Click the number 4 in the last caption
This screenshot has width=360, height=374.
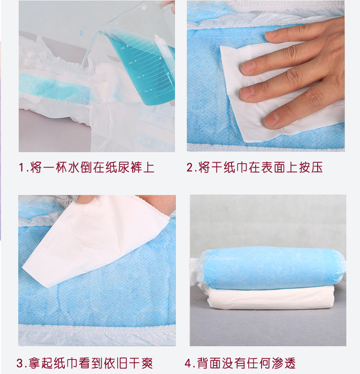(x=188, y=363)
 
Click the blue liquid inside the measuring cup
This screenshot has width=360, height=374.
(x=146, y=68)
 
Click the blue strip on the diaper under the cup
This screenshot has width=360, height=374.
(x=50, y=84)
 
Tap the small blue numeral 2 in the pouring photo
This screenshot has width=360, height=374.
(x=81, y=33)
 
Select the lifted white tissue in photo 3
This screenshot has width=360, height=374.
(x=91, y=237)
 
